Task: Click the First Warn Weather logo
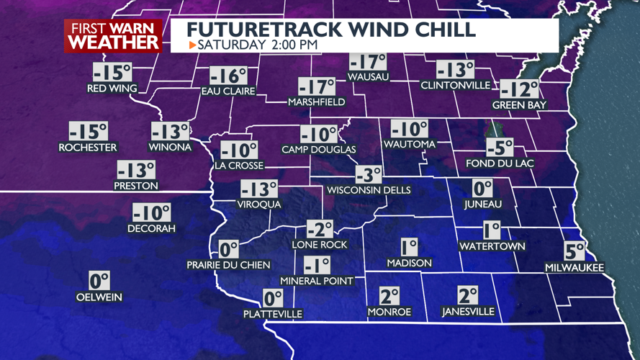(113, 35)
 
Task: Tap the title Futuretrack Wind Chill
(331, 30)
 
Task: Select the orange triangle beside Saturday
(192, 45)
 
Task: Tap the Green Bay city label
(519, 105)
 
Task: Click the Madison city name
(409, 263)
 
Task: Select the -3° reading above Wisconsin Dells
(369, 175)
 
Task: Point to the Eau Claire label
(228, 91)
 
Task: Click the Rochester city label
(87, 147)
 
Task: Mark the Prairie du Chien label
(228, 264)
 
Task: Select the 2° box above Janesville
(468, 295)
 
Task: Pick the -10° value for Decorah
(151, 213)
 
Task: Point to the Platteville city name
(272, 314)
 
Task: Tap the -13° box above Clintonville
(456, 70)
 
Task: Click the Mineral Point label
(317, 280)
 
